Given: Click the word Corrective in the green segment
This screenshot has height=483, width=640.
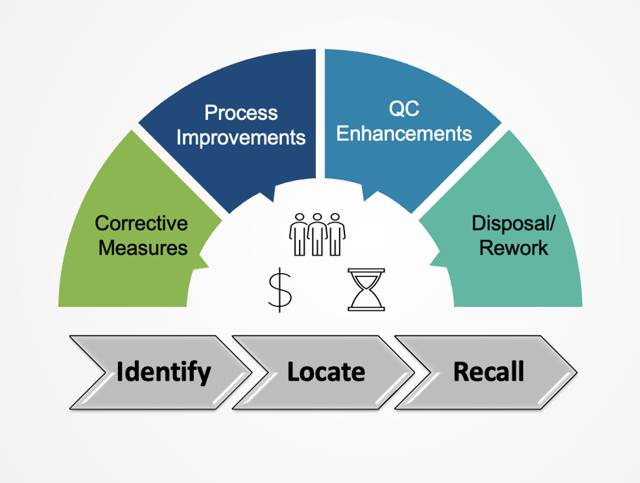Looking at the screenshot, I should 141,223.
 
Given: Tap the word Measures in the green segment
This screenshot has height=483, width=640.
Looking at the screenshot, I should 143,247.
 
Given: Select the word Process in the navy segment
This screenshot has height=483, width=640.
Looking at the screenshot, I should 241,112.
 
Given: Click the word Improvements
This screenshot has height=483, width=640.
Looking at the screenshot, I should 241,137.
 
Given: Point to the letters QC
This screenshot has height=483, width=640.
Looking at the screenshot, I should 404,109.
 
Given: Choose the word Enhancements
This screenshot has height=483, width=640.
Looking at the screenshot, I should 404,133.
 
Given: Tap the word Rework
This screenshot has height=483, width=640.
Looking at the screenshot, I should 513,247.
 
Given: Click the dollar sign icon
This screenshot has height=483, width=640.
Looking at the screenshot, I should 280,290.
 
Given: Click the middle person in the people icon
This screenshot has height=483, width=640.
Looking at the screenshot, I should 317,234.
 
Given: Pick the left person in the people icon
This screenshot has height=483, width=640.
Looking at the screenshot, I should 299,234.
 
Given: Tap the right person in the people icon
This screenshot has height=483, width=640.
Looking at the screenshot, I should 336,234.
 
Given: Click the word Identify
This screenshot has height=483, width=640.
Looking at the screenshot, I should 163,372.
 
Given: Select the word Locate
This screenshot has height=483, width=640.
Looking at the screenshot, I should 325,372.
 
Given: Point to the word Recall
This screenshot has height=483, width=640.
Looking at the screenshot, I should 488,372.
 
